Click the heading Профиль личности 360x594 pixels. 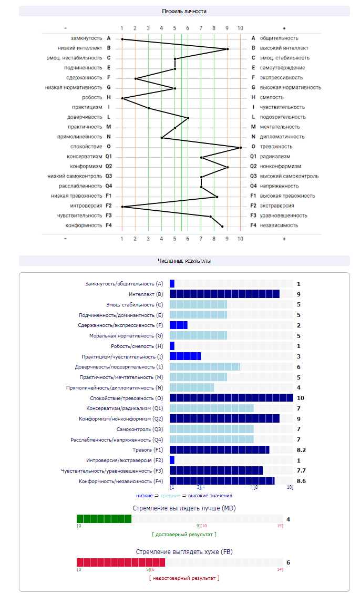(x=184, y=11)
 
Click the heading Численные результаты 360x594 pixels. (x=184, y=261)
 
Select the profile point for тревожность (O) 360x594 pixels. (x=241, y=148)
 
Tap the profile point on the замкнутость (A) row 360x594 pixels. (x=122, y=39)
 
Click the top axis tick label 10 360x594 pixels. (x=240, y=28)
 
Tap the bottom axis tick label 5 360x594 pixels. (x=174, y=239)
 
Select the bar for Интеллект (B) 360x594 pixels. (x=224, y=294)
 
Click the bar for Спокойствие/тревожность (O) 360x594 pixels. (x=231, y=398)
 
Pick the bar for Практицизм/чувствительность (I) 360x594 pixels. (x=185, y=356)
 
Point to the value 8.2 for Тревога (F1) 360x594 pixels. (x=301, y=450)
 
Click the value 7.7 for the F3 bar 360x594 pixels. (x=301, y=470)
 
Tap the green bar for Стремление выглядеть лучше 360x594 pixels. (x=104, y=519)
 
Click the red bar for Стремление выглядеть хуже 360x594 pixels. (x=121, y=562)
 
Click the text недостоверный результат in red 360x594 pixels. (x=183, y=578)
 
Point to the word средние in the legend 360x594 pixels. (x=170, y=495)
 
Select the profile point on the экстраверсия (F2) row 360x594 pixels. (x=122, y=207)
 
